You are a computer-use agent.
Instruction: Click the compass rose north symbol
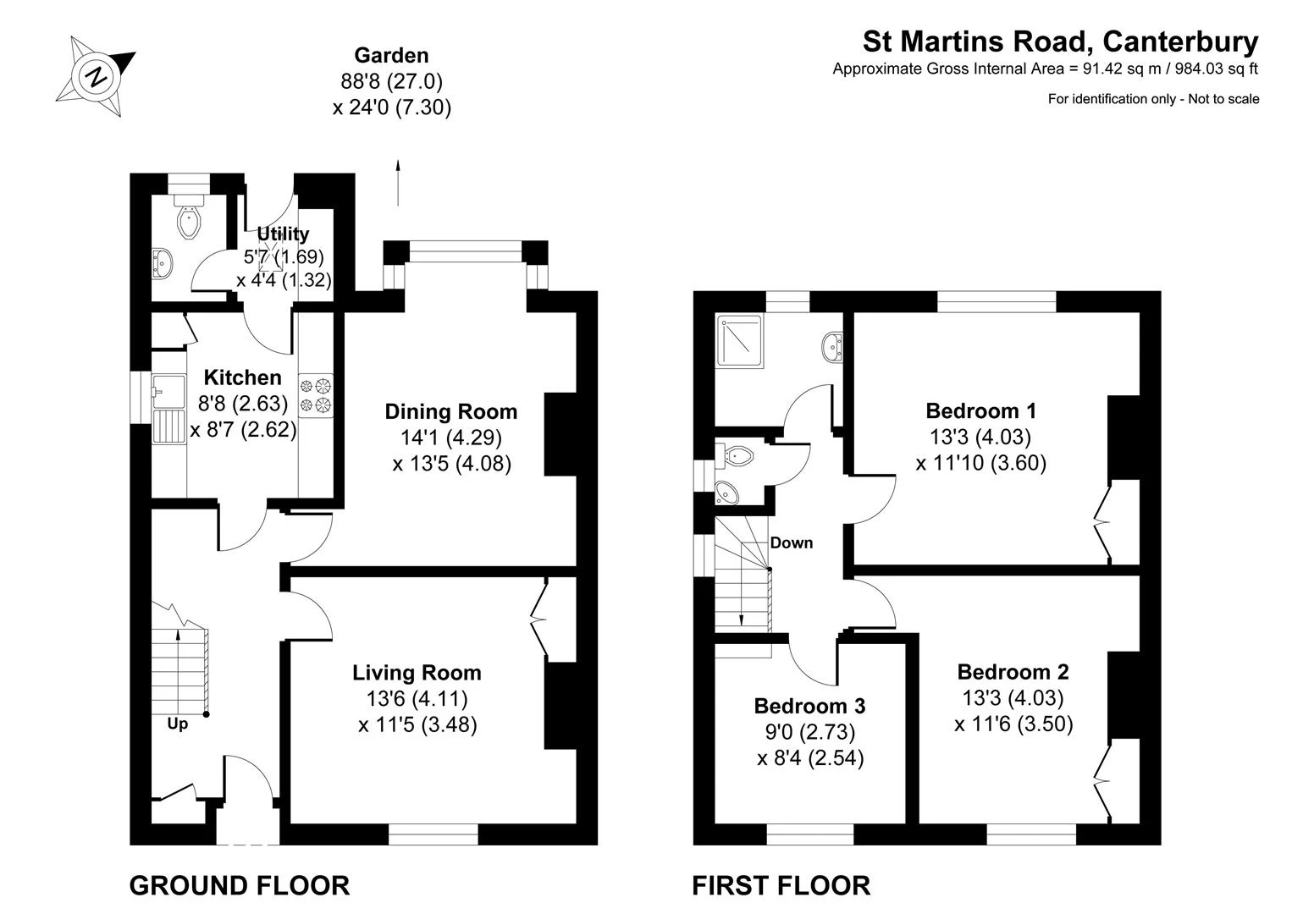tap(96, 76)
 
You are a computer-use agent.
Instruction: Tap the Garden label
tap(392, 55)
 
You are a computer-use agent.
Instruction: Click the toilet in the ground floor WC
tap(189, 217)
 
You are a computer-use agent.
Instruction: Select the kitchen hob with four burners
tap(316, 395)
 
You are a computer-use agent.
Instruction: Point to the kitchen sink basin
tap(169, 392)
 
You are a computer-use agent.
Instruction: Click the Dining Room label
tap(451, 412)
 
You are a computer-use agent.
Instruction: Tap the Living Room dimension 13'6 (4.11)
tap(417, 699)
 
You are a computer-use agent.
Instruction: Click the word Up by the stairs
tap(178, 724)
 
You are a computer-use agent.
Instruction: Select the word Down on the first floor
tap(792, 542)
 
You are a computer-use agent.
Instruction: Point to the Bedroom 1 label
tap(981, 410)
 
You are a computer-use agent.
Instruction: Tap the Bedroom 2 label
tap(1013, 672)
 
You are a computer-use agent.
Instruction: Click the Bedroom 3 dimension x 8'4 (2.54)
tap(810, 757)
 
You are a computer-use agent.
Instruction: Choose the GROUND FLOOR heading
tap(240, 886)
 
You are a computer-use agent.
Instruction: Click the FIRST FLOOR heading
tap(781, 886)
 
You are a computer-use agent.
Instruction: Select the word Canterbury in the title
tap(1181, 41)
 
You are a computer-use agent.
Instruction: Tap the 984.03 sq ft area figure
tap(1202, 69)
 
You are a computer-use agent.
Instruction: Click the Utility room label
tap(283, 234)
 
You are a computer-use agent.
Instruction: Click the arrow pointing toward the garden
tap(398, 182)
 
